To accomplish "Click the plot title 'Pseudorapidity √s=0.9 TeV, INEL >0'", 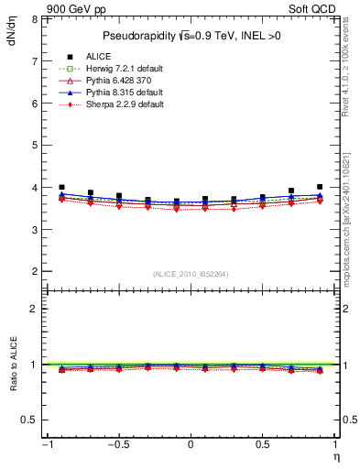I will pyautogui.click(x=190, y=36).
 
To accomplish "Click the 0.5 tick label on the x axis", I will pyautogui.click(x=262, y=444).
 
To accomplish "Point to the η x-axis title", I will pyautogui.click(x=334, y=455).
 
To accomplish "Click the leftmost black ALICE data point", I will pyautogui.click(x=61, y=187).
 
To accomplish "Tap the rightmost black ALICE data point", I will pyautogui.click(x=320, y=187).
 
